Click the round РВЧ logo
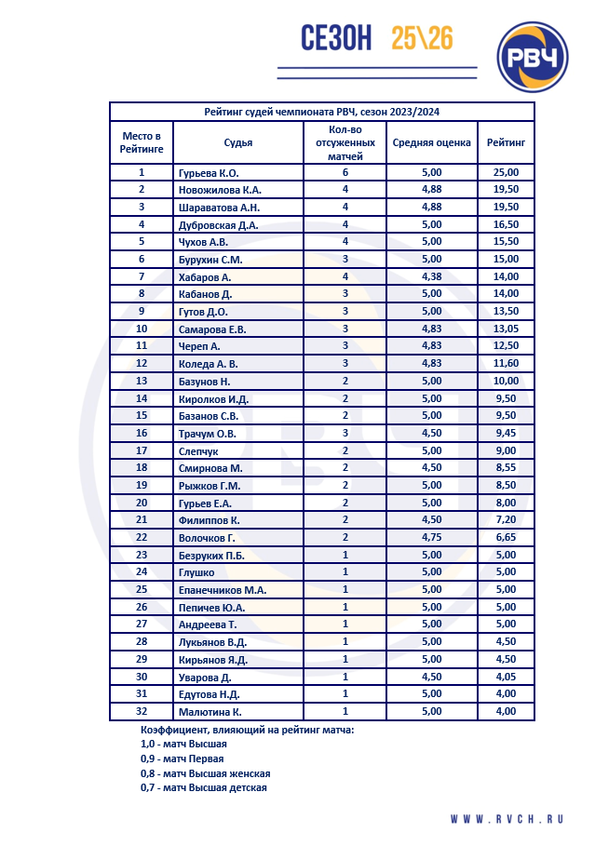533,58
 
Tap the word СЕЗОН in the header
336,38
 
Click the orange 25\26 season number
422,38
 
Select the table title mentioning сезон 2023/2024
321,112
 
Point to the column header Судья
238,142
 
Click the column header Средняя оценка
431,142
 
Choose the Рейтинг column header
506,142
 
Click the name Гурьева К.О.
209,172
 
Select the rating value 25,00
506,172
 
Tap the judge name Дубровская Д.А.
218,224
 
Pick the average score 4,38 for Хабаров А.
431,276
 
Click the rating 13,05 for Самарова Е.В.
506,329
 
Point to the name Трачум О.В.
209,433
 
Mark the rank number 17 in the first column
142,450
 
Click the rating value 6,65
506,537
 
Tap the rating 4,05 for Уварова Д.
506,677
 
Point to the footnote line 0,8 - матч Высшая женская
205,773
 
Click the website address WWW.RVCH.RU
507,819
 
